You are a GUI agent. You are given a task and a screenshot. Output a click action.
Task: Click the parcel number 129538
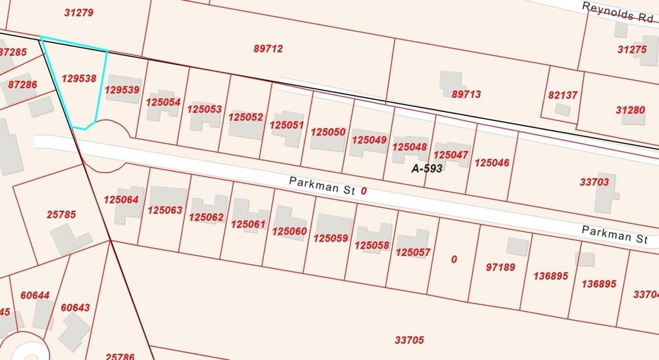79,79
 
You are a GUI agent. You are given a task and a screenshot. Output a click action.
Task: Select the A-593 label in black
427,169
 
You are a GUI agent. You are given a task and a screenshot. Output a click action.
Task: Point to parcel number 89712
268,48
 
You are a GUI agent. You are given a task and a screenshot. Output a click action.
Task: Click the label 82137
562,95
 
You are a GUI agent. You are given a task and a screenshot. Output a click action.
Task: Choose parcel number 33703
594,182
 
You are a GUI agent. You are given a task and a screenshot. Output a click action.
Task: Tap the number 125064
120,200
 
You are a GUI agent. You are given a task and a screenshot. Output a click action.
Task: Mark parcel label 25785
62,214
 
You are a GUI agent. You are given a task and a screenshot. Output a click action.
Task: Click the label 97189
499,266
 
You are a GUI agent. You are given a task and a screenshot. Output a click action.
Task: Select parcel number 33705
409,339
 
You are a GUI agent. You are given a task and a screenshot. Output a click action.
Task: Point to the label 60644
35,296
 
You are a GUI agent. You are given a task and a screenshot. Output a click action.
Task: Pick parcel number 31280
630,110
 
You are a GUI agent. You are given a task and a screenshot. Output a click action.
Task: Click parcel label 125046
492,163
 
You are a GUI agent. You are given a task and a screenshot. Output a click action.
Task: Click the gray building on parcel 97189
517,246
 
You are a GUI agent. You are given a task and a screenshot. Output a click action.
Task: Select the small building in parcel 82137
562,109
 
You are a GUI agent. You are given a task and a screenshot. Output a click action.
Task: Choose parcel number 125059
330,238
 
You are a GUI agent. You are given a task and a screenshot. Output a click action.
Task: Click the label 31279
80,13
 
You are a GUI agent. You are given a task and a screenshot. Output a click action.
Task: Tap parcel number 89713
466,95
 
